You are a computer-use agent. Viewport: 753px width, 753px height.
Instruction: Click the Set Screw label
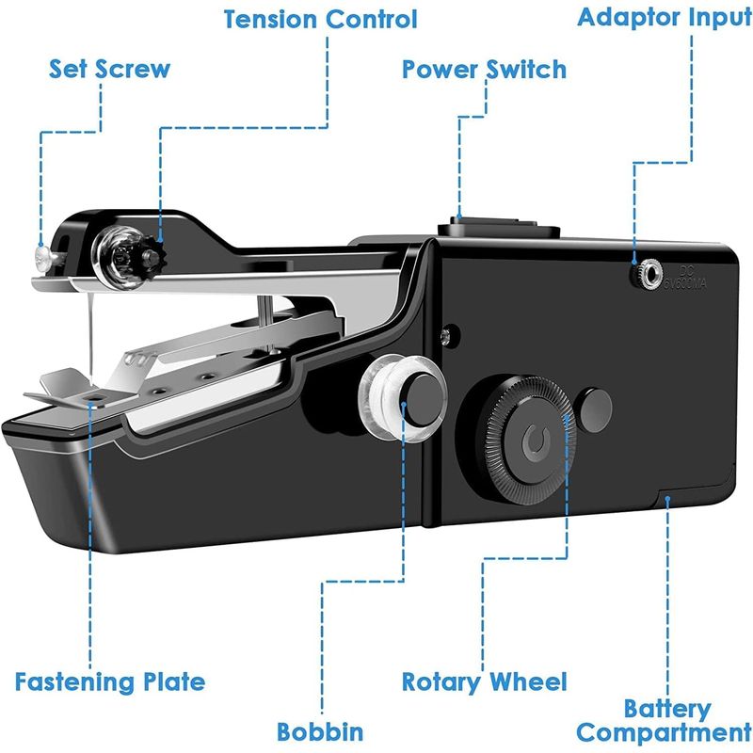point(109,69)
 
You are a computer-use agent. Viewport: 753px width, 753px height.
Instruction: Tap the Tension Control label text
point(320,20)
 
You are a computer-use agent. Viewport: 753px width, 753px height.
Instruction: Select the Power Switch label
point(484,69)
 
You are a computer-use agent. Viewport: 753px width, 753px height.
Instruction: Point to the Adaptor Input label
point(665,18)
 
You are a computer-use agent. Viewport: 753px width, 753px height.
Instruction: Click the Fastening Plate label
point(110,681)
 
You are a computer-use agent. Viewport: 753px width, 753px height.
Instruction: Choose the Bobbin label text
point(320,732)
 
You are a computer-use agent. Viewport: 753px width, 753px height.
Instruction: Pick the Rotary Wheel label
point(484,681)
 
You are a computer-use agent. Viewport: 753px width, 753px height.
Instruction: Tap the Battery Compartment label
point(665,720)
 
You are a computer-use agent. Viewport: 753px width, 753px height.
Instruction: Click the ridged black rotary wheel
point(530,441)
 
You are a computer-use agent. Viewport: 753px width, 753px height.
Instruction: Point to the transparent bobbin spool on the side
point(402,397)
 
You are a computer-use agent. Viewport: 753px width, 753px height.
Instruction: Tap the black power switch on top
point(499,227)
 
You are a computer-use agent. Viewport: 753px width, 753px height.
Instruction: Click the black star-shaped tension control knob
point(152,260)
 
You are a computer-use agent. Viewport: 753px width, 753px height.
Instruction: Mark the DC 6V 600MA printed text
point(686,278)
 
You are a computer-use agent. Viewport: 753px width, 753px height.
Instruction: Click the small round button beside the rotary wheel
point(594,410)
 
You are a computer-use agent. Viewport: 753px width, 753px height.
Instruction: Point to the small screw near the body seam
point(446,335)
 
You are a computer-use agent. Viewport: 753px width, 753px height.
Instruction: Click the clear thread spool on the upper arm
point(118,258)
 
